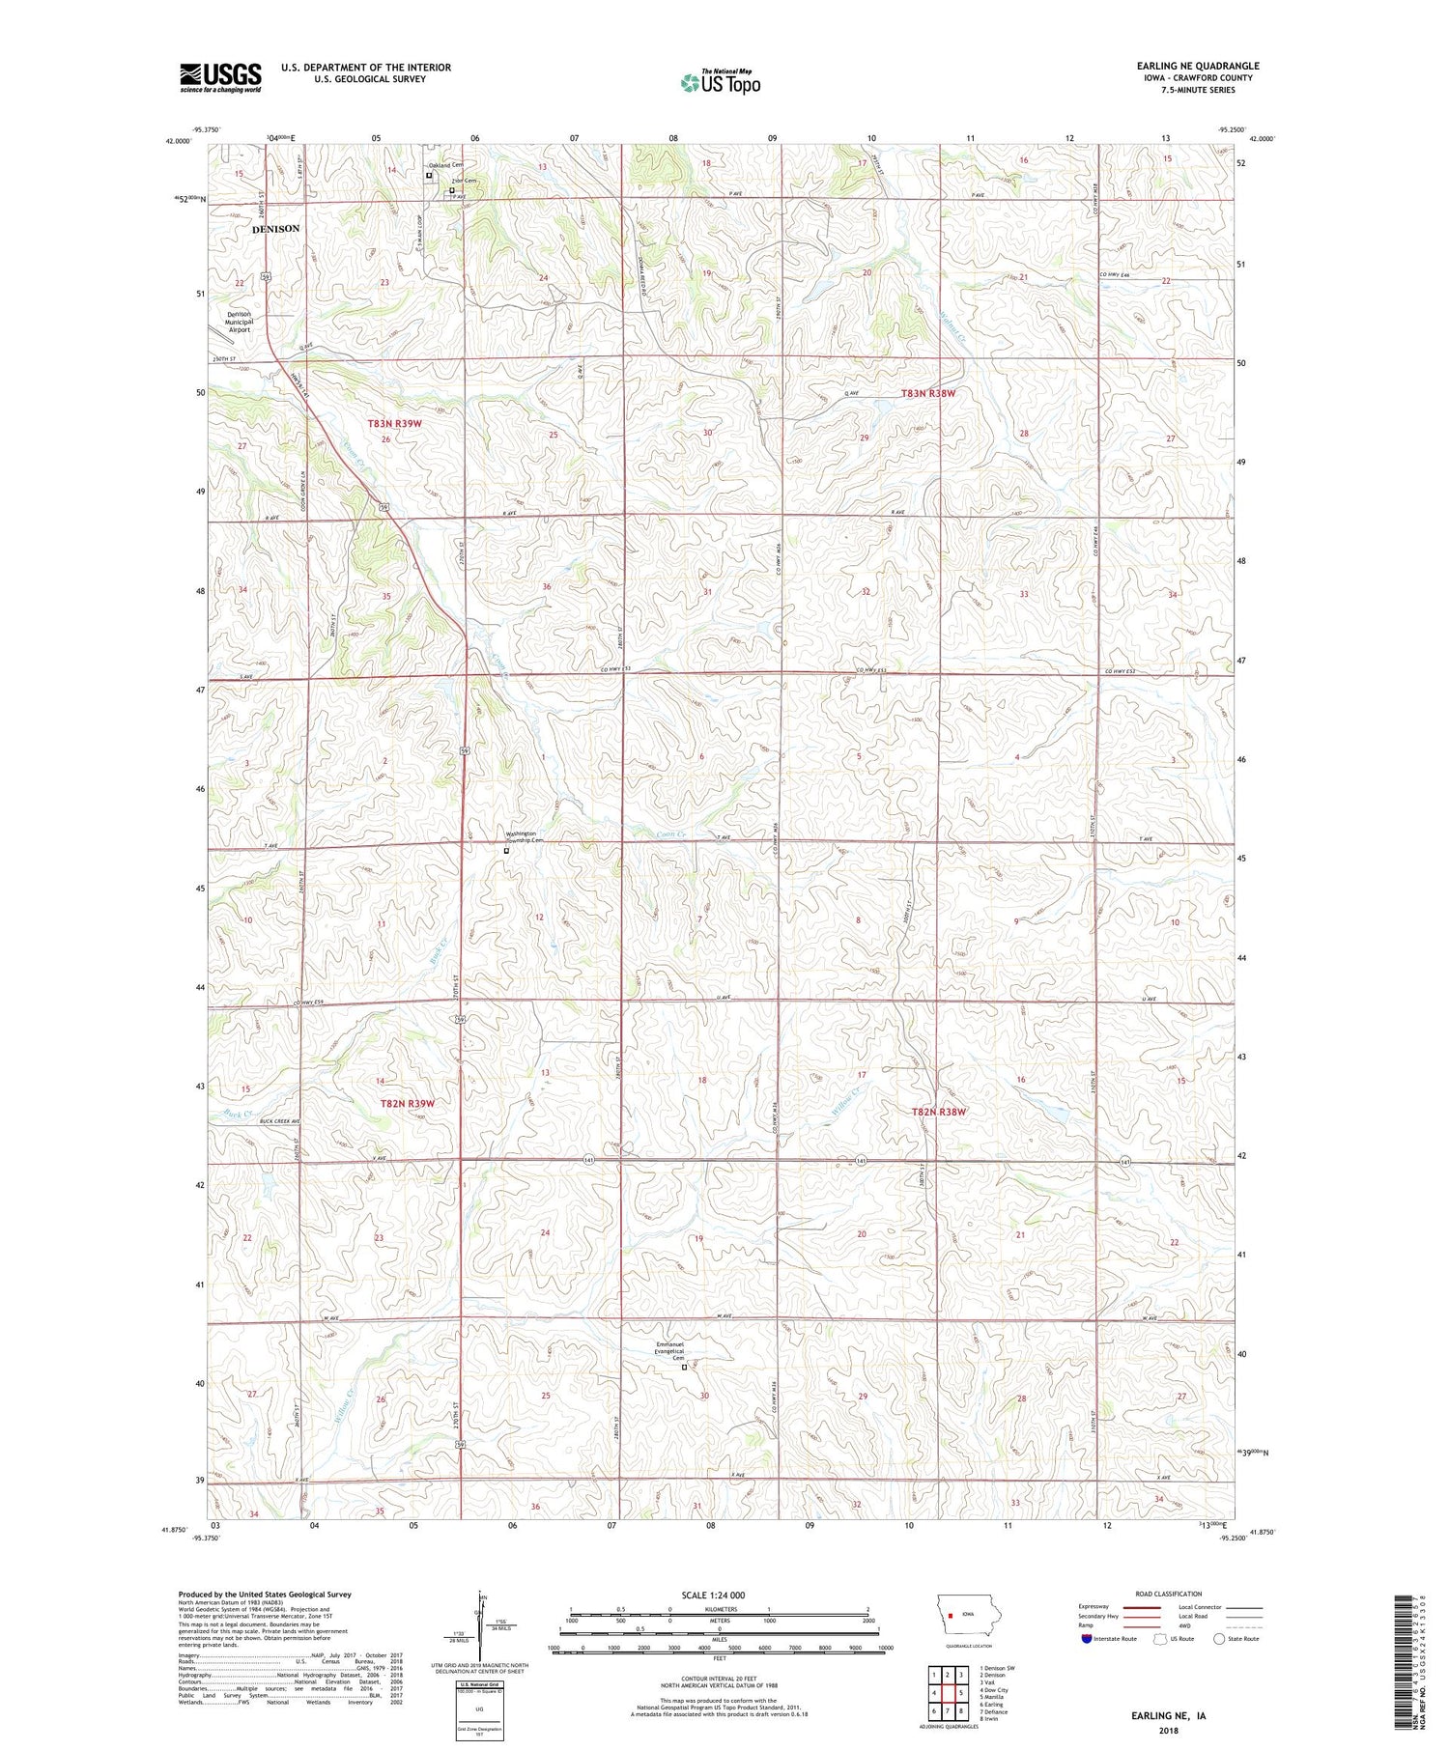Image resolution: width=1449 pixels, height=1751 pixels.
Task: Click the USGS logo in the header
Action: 220,77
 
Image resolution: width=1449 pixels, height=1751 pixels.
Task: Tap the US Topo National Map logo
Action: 720,82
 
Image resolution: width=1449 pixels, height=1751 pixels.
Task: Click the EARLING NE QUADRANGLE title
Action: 1197,66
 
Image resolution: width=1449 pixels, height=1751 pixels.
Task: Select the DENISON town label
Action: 275,229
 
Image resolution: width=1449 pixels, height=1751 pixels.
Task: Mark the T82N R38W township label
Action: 939,1112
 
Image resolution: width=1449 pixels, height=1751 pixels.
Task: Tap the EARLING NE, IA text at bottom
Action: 1168,1716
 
